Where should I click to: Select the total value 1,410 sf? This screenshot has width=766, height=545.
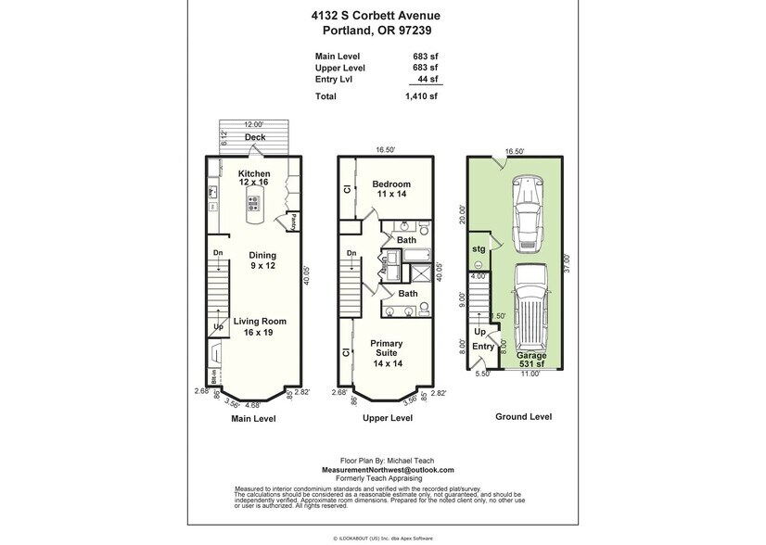pos(423,95)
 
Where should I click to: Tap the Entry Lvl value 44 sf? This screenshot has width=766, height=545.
pos(428,81)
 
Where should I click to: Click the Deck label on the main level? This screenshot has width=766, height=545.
pos(254,138)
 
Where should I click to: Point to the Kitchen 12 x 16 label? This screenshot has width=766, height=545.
pos(254,178)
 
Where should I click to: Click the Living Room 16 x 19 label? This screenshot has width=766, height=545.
pos(260,326)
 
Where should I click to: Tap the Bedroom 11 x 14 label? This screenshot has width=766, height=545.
pos(391,189)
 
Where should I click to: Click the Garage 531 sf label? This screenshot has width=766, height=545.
pos(532,361)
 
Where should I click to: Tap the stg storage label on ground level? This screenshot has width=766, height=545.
pos(479,249)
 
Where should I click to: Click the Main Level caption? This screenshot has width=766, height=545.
pos(253,418)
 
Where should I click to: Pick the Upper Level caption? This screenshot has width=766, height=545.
pos(388,418)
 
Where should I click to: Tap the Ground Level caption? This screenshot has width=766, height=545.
pos(523,416)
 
